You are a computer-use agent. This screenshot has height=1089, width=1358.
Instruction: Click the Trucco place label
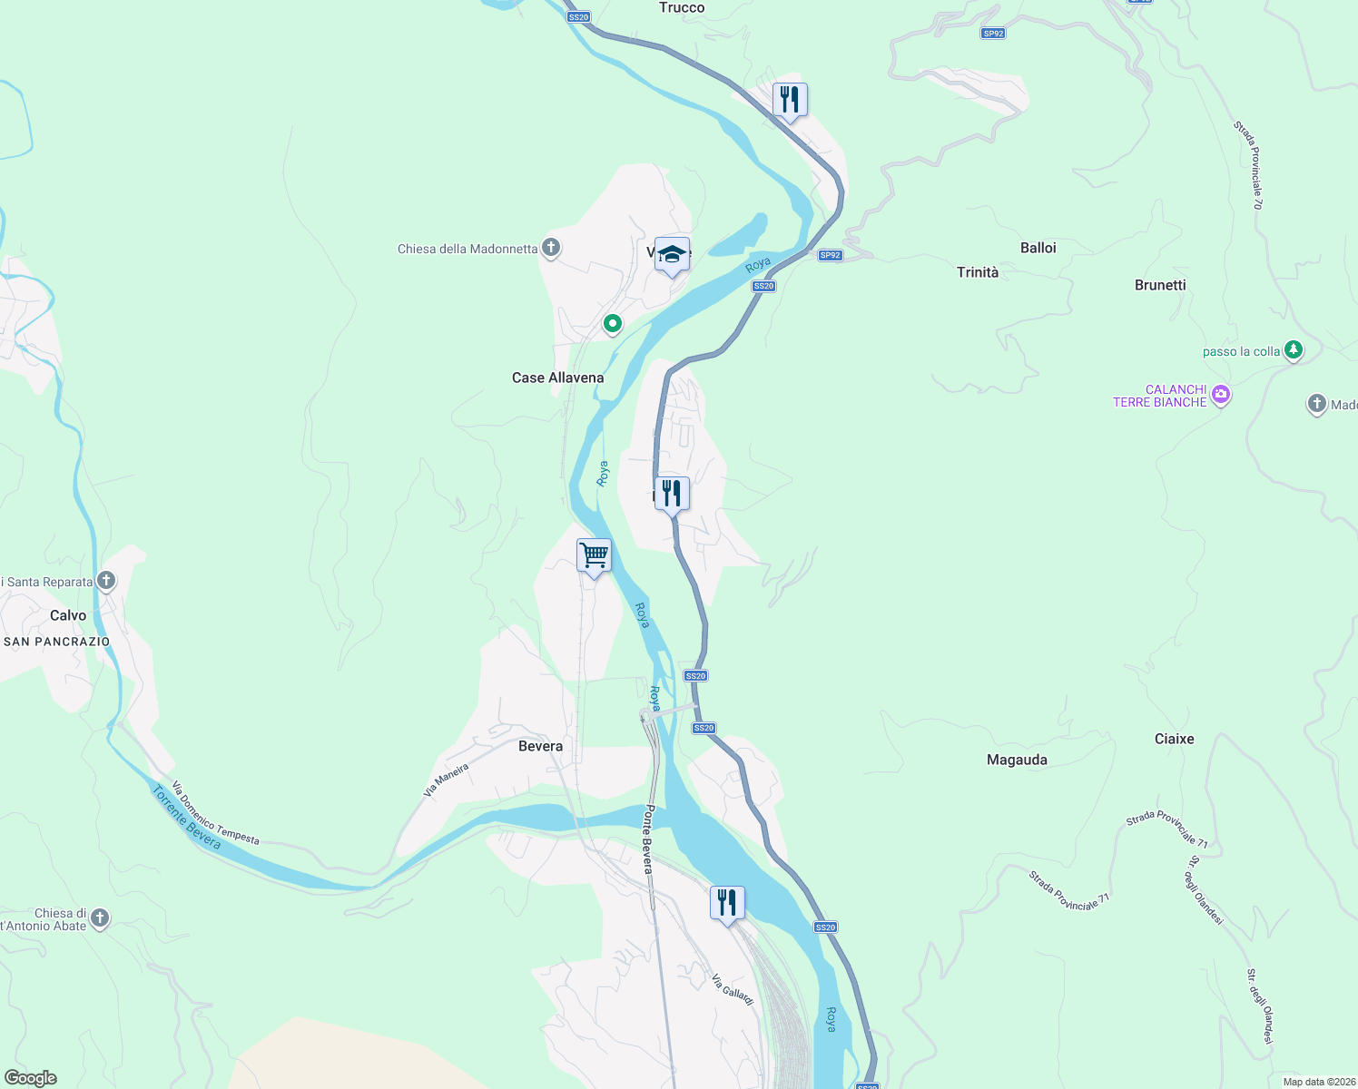682,8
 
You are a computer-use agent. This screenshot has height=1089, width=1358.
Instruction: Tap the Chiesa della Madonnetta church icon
551,247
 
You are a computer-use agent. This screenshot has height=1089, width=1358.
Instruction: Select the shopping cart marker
594,554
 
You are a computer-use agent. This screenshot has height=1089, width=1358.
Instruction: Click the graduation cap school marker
672,254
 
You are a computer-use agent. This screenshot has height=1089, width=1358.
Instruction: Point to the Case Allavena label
557,378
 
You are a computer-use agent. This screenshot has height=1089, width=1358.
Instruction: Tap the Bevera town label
540,746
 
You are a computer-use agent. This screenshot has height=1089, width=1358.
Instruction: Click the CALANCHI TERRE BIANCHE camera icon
1221,394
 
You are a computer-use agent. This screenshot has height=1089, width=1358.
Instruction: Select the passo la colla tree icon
1294,349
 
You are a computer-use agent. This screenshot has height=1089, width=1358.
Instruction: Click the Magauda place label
1017,760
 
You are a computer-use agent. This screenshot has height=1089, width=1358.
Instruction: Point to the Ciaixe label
1174,739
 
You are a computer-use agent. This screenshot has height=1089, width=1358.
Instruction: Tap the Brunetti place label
1160,285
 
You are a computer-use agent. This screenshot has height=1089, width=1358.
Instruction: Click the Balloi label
1038,248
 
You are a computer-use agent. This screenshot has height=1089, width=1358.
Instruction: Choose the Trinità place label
977,272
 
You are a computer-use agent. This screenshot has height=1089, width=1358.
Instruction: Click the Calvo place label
68,615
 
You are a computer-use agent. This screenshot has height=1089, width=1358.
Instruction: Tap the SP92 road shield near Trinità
830,255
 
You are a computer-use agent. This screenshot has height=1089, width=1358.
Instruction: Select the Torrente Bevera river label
186,818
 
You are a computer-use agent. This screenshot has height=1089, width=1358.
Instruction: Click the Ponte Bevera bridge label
648,839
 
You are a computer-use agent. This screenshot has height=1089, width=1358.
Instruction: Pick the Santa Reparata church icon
106,580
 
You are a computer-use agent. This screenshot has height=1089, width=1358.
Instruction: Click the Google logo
31,1078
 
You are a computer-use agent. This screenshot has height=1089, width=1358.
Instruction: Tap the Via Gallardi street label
733,989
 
